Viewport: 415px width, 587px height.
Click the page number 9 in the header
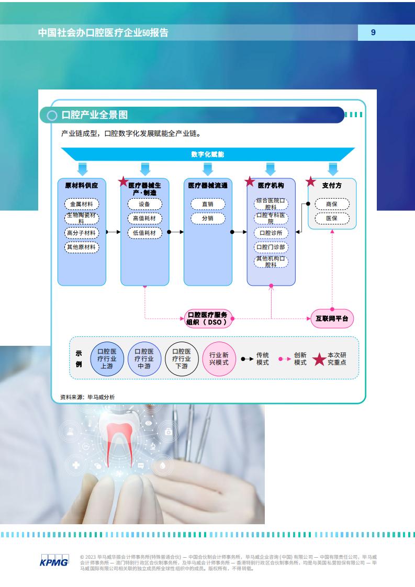click(x=373, y=32)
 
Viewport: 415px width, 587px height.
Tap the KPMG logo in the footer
click(x=54, y=561)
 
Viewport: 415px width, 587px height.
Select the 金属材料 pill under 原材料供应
click(x=82, y=204)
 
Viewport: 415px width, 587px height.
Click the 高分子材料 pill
click(x=82, y=233)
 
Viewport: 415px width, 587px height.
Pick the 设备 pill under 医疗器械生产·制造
click(x=144, y=204)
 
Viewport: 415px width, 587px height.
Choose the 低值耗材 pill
click(x=144, y=233)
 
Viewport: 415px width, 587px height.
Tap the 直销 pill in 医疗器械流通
click(x=208, y=204)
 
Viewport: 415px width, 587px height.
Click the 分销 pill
click(x=208, y=218)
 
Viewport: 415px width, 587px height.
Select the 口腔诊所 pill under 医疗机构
click(x=271, y=233)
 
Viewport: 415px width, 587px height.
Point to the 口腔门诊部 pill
click(x=271, y=247)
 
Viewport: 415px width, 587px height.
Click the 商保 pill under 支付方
click(x=332, y=204)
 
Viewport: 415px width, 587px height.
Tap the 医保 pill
click(x=332, y=218)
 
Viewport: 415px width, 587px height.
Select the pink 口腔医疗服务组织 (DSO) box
click(x=208, y=319)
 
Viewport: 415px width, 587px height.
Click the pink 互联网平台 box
click(x=332, y=319)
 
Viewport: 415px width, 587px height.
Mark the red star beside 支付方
click(x=310, y=182)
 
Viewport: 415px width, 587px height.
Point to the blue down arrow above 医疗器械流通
click(x=208, y=169)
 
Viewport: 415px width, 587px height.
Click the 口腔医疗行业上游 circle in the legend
click(x=107, y=359)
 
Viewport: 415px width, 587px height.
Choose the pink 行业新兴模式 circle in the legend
click(x=219, y=359)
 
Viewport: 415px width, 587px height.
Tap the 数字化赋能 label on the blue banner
click(x=207, y=154)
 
